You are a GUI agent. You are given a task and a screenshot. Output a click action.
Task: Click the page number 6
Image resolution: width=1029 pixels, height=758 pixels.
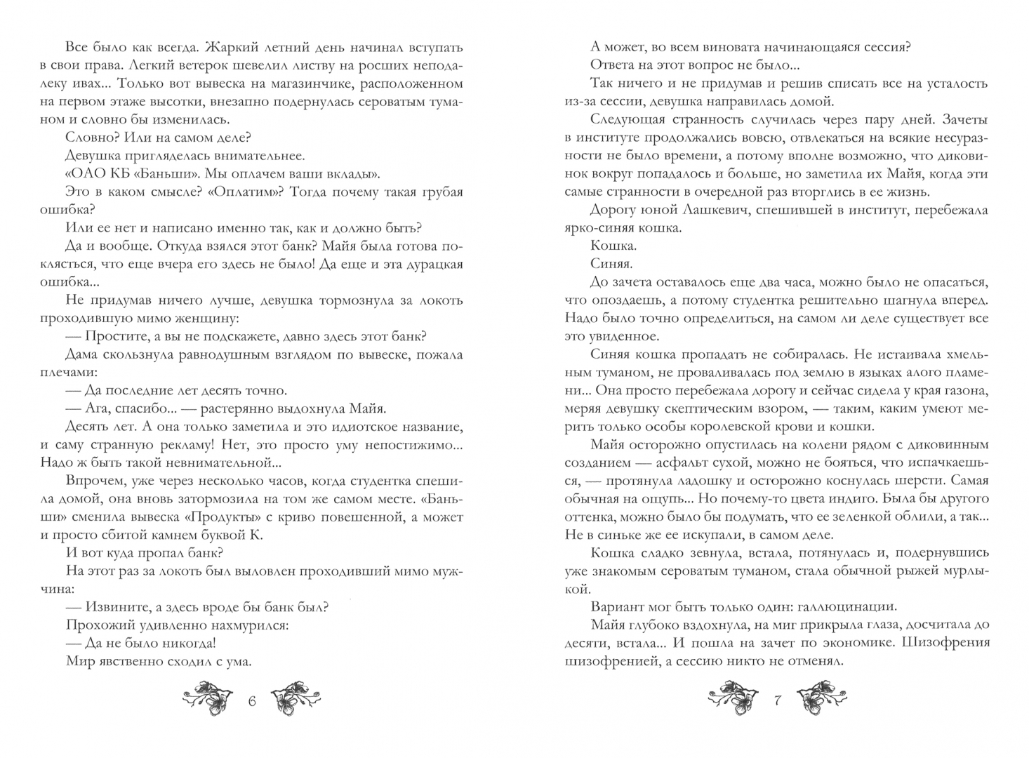[253, 700]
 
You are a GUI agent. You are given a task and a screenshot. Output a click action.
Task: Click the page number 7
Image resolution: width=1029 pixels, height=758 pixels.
[777, 700]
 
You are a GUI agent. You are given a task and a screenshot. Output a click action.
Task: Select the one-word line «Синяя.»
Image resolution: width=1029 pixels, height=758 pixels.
[611, 264]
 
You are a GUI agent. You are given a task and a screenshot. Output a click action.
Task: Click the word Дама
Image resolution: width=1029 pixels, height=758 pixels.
[81, 354]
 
